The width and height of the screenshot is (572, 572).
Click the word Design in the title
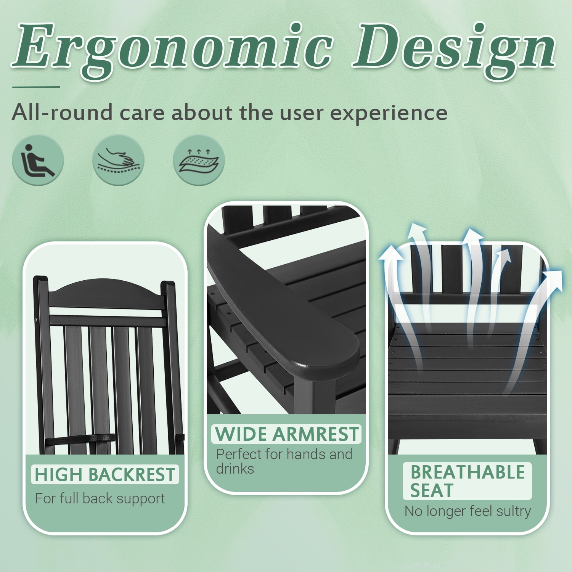(x=454, y=48)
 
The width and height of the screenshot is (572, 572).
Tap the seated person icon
(x=37, y=160)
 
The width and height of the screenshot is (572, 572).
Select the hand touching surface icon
(x=118, y=160)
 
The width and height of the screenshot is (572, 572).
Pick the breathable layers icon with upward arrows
(x=199, y=160)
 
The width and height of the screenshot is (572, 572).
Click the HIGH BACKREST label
(x=105, y=475)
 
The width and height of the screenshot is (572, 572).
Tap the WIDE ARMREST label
(x=287, y=434)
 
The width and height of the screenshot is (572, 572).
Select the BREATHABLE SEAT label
(x=468, y=481)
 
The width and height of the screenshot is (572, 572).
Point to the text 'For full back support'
(x=100, y=498)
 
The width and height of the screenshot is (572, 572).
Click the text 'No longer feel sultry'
(x=468, y=511)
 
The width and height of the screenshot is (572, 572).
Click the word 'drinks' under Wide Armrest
(x=235, y=469)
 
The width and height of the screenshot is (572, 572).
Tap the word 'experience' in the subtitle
(x=389, y=113)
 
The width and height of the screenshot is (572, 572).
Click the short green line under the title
(x=36, y=87)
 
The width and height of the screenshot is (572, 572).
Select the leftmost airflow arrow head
(x=391, y=254)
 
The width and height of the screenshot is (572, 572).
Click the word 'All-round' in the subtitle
(x=63, y=112)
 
